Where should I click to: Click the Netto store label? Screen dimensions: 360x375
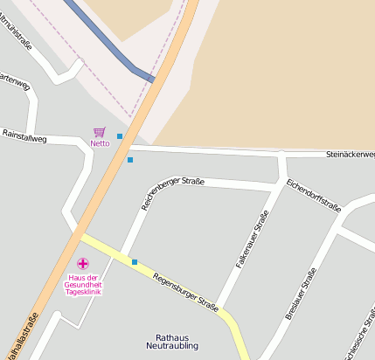coord(100,143)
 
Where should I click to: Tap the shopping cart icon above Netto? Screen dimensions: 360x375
coord(99,133)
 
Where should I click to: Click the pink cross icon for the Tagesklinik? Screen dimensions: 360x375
coord(83,263)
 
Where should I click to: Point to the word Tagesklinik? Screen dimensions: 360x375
coord(84,292)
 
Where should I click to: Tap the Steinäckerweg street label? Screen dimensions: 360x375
coord(350,155)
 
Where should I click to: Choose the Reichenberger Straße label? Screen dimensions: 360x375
coord(172,193)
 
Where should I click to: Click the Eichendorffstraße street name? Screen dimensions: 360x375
coord(312,195)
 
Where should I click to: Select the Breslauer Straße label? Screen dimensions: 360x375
coord(300,294)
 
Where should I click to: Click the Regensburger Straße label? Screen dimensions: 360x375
coord(185,292)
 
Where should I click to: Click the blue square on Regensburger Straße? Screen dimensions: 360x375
coord(135,261)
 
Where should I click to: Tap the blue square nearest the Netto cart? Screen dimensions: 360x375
coord(120,136)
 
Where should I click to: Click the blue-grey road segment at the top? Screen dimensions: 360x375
coord(105,39)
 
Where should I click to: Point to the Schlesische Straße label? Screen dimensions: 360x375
coord(361,336)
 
